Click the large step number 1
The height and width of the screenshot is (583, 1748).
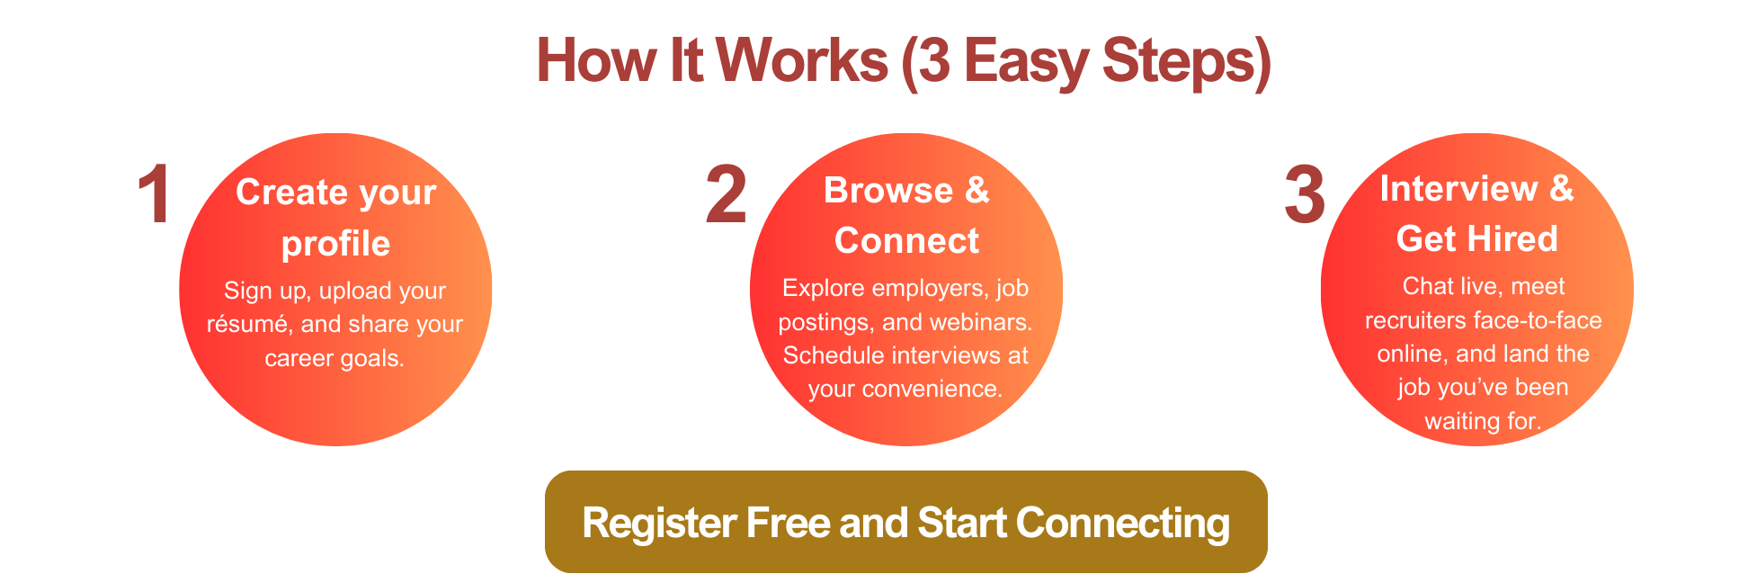point(154,194)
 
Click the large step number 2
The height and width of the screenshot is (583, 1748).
point(726,194)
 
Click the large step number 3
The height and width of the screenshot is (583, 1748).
point(1305,194)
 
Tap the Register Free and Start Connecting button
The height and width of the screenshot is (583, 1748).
point(906,522)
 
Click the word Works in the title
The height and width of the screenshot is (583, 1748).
point(801,60)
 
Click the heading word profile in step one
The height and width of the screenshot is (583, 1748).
point(335,245)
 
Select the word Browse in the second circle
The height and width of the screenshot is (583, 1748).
point(888,190)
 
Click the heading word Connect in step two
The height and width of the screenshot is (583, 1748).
point(906,240)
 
